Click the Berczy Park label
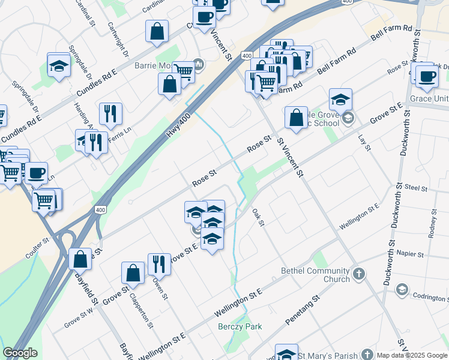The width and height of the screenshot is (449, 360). pos(240,327)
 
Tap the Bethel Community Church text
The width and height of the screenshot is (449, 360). pos(315,275)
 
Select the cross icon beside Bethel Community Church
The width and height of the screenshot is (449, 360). pos(358,274)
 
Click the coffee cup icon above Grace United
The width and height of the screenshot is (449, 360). pos(427,76)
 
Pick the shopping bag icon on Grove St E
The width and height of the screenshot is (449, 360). pos(296,118)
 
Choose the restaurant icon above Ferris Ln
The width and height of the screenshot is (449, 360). pos(110,113)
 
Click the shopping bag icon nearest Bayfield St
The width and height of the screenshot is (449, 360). pos(80,259)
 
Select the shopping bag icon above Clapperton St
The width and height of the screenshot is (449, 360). pos(133,273)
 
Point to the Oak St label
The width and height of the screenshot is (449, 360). pos(259,217)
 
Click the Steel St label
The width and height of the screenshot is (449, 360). pos(415,188)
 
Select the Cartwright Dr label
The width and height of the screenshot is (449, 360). pos(118,40)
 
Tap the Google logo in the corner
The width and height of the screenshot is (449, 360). pos(20,353)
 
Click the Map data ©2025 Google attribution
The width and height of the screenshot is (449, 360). pos(412,355)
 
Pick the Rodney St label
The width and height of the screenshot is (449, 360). pos(432,223)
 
